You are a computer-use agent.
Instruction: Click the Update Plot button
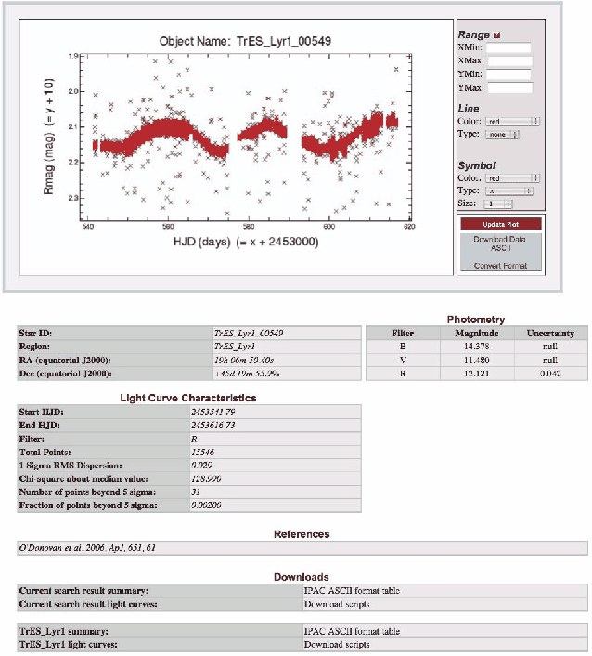pos(501,225)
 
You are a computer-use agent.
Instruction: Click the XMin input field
pos(508,47)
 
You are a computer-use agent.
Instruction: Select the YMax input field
pos(508,88)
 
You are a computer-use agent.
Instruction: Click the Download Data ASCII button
pos(501,243)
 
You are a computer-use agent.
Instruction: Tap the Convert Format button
pos(501,266)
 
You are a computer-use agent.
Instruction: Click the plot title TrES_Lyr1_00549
pos(246,41)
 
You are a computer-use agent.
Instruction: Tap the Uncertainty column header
pos(550,333)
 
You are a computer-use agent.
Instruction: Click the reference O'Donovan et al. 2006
pos(89,547)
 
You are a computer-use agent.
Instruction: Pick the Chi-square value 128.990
pos(231,478)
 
